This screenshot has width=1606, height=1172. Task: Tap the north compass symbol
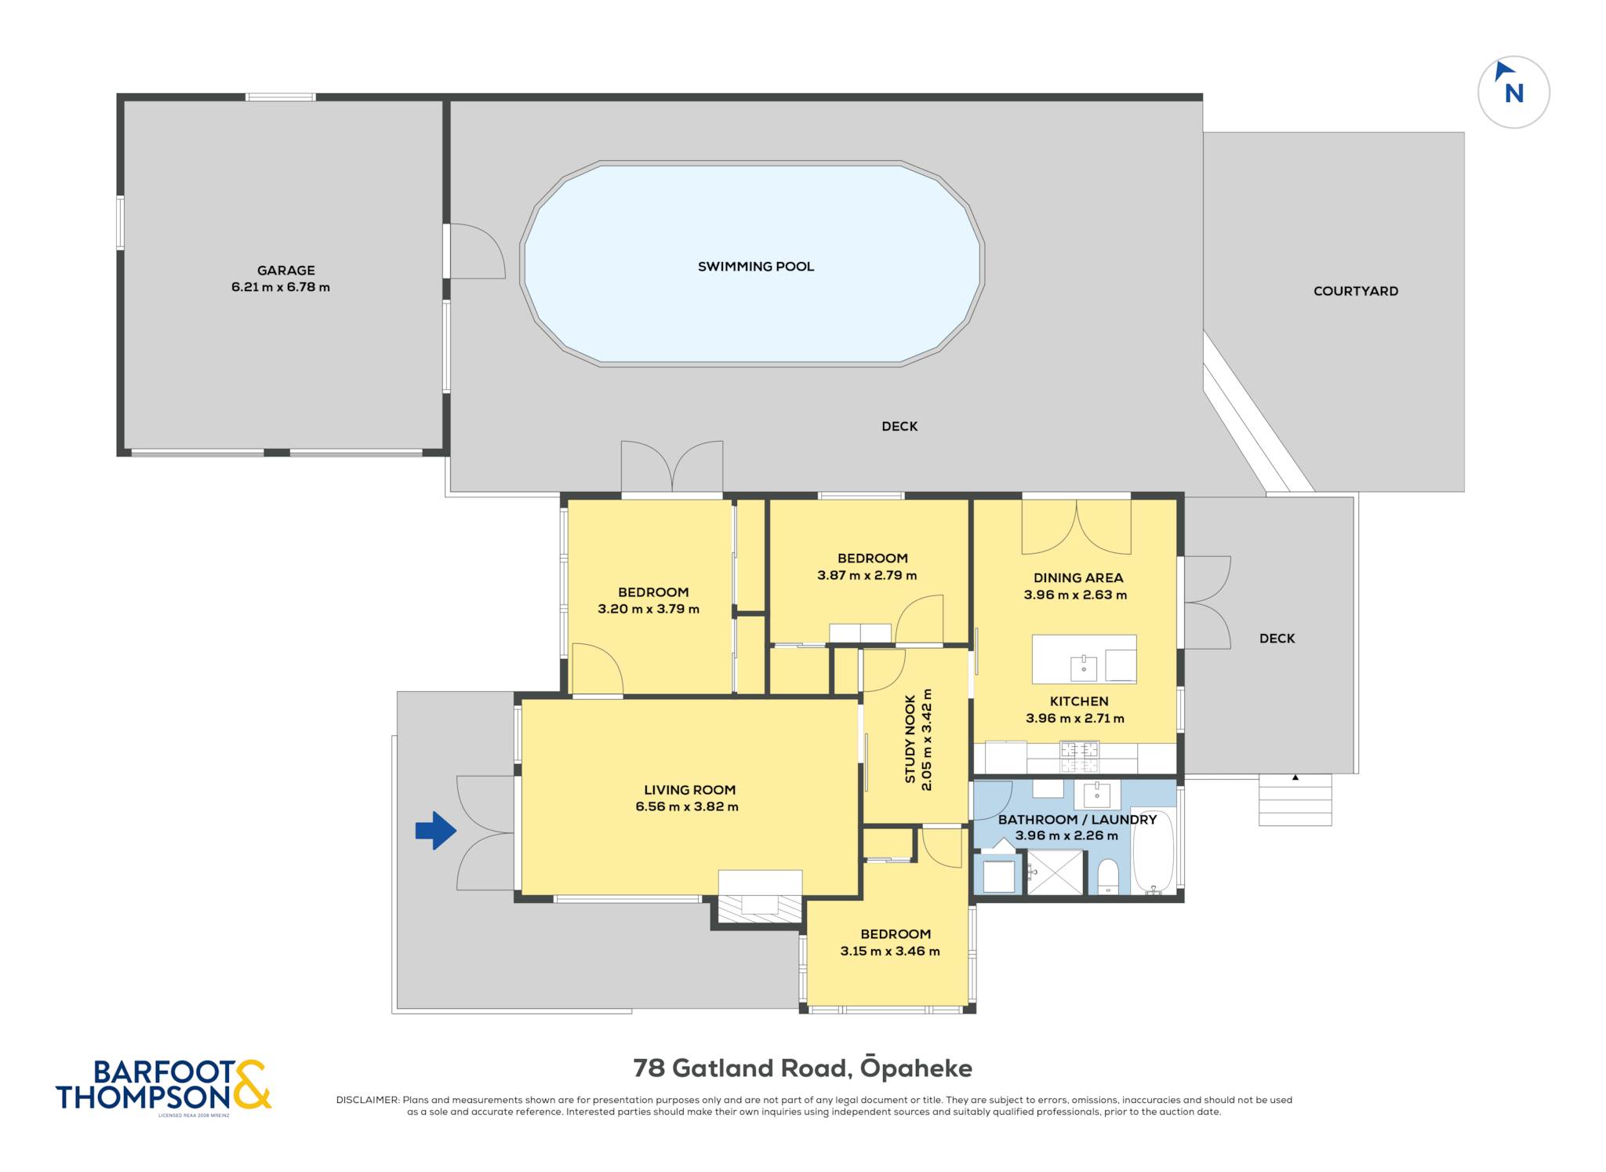coord(1513,92)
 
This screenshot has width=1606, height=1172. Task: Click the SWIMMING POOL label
coord(756,267)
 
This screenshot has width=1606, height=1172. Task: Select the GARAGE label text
coord(286,271)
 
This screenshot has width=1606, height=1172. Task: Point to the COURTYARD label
coord(1356,291)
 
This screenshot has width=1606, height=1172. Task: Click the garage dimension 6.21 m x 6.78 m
coord(281,287)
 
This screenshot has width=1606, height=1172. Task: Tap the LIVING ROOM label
coord(690,790)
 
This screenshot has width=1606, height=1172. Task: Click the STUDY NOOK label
coord(910,739)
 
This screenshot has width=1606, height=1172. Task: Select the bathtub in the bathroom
coord(1154,853)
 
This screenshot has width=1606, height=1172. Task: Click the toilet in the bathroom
coord(1108,876)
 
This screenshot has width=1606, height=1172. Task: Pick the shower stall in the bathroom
coord(1055,872)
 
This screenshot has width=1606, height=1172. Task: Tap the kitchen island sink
coord(1084,668)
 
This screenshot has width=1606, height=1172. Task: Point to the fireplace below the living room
coord(760,897)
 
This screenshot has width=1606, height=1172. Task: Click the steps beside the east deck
coord(1295,799)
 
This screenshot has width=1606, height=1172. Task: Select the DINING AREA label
coord(1078,578)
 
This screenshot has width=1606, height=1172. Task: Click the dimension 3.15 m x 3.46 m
coord(890,952)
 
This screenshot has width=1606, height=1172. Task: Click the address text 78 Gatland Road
coord(740,1068)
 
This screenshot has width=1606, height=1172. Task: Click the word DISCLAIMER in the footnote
coord(368,1100)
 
